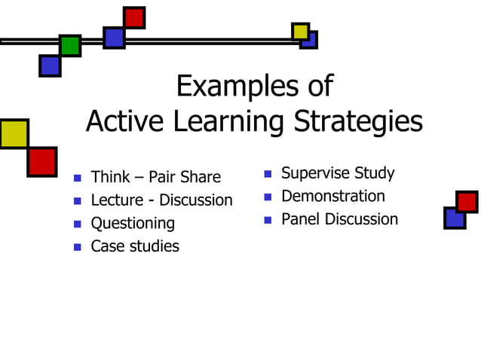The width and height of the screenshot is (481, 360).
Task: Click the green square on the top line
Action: tap(70, 45)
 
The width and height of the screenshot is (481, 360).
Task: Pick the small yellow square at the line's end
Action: tap(300, 31)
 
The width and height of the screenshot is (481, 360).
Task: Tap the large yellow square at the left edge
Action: tap(14, 133)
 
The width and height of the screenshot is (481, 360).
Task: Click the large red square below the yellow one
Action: tap(41, 161)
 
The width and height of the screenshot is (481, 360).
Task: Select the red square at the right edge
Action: tap(467, 202)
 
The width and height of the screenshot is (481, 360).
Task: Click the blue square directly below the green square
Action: tap(50, 66)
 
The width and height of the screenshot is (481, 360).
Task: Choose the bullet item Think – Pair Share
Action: tap(155, 178)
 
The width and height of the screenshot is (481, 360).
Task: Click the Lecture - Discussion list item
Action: tap(161, 200)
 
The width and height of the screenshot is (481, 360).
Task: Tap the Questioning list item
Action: tap(133, 224)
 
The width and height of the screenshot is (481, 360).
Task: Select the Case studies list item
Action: tap(135, 246)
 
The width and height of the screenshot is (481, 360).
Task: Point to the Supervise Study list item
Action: tap(338, 173)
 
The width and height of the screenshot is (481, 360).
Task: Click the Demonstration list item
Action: tap(332, 197)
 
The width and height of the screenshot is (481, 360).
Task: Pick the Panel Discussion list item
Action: tap(339, 220)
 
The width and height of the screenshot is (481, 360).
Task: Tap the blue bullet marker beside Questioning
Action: tap(77, 224)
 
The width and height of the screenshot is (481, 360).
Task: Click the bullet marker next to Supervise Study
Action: tap(268, 174)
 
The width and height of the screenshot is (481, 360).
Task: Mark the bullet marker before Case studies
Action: tap(77, 246)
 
